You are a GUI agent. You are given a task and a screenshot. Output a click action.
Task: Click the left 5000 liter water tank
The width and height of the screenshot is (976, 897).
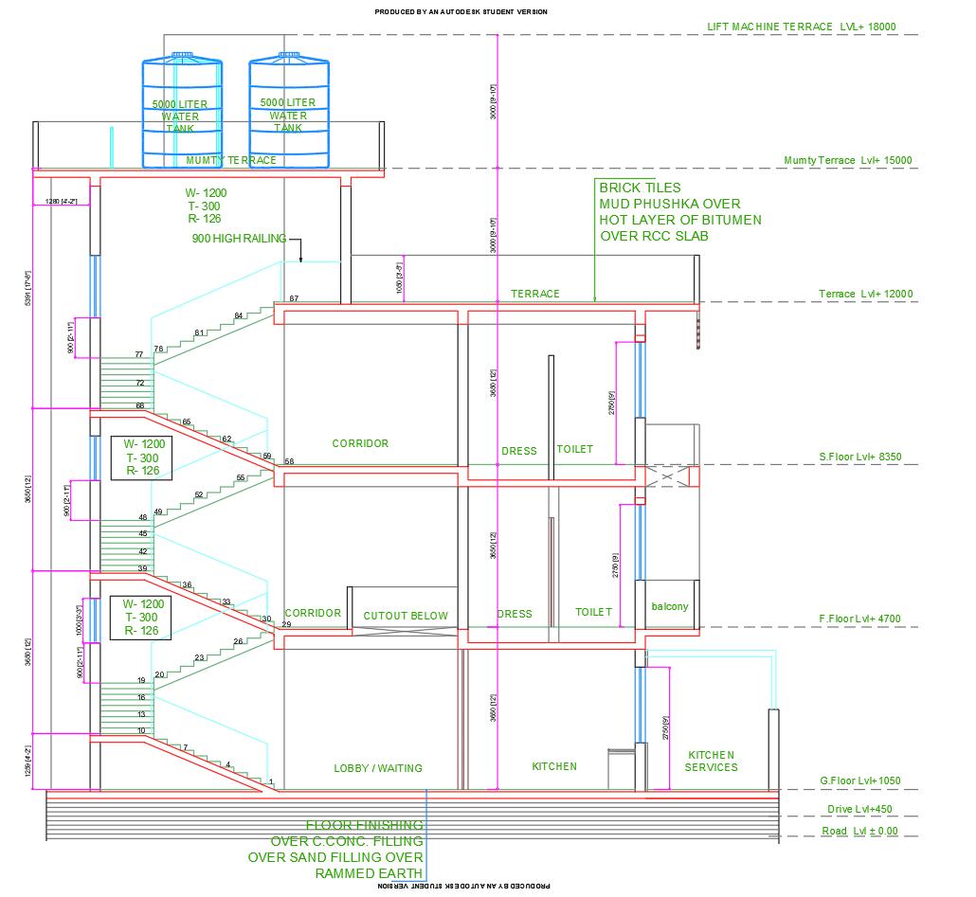pyautogui.click(x=184, y=114)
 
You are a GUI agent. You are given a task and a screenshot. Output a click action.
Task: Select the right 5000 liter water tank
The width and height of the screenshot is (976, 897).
pyautogui.click(x=289, y=114)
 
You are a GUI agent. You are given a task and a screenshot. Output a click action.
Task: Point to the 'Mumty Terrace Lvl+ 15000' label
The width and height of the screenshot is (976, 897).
pyautogui.click(x=848, y=161)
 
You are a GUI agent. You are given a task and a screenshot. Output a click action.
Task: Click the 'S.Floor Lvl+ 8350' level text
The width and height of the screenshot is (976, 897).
pyautogui.click(x=860, y=457)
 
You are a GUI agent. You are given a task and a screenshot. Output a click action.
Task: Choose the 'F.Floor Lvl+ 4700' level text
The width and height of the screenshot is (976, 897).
pyautogui.click(x=859, y=619)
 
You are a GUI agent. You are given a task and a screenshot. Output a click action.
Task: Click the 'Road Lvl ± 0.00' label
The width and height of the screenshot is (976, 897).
pyautogui.click(x=859, y=832)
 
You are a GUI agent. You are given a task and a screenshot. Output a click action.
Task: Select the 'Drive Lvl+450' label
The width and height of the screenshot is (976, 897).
pyautogui.click(x=858, y=810)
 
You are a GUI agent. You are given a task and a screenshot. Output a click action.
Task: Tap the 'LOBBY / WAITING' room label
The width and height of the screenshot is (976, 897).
pyautogui.click(x=378, y=768)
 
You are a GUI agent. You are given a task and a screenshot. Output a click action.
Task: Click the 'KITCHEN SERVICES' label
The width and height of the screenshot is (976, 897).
pyautogui.click(x=711, y=761)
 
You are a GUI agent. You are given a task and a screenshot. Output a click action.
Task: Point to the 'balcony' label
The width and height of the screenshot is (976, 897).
pyautogui.click(x=670, y=606)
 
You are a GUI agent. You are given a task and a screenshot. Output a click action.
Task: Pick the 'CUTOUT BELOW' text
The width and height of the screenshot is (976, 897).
pyautogui.click(x=406, y=616)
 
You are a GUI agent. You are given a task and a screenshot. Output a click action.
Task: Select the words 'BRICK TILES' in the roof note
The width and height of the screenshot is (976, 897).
pyautogui.click(x=640, y=188)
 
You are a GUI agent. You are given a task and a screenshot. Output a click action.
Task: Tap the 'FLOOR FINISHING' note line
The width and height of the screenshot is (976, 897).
pyautogui.click(x=364, y=825)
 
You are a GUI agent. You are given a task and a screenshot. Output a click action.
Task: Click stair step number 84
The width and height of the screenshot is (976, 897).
pyautogui.click(x=239, y=315)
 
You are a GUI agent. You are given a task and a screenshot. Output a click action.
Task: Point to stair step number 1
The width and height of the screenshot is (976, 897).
pyautogui.click(x=272, y=781)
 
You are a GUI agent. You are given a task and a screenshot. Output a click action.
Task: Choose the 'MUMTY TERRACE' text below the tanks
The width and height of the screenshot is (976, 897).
pyautogui.click(x=231, y=160)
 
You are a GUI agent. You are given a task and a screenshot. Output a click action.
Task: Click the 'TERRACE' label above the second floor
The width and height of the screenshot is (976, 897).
pyautogui.click(x=535, y=294)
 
